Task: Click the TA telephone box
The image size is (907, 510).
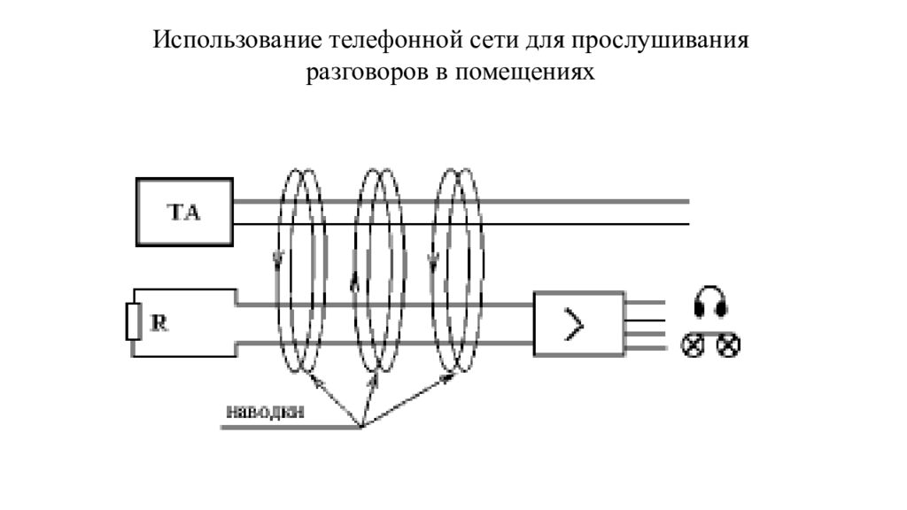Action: [x=184, y=212]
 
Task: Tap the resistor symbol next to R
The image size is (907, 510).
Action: [x=134, y=322]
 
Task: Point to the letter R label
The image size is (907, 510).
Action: [x=159, y=323]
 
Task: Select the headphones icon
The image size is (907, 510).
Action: [x=710, y=302]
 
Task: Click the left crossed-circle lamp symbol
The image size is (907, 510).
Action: [x=692, y=345]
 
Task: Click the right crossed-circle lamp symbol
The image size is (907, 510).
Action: [x=728, y=345]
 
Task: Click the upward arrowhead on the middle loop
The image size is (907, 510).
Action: [x=356, y=282]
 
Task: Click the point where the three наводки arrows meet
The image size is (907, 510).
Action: [x=361, y=428]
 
